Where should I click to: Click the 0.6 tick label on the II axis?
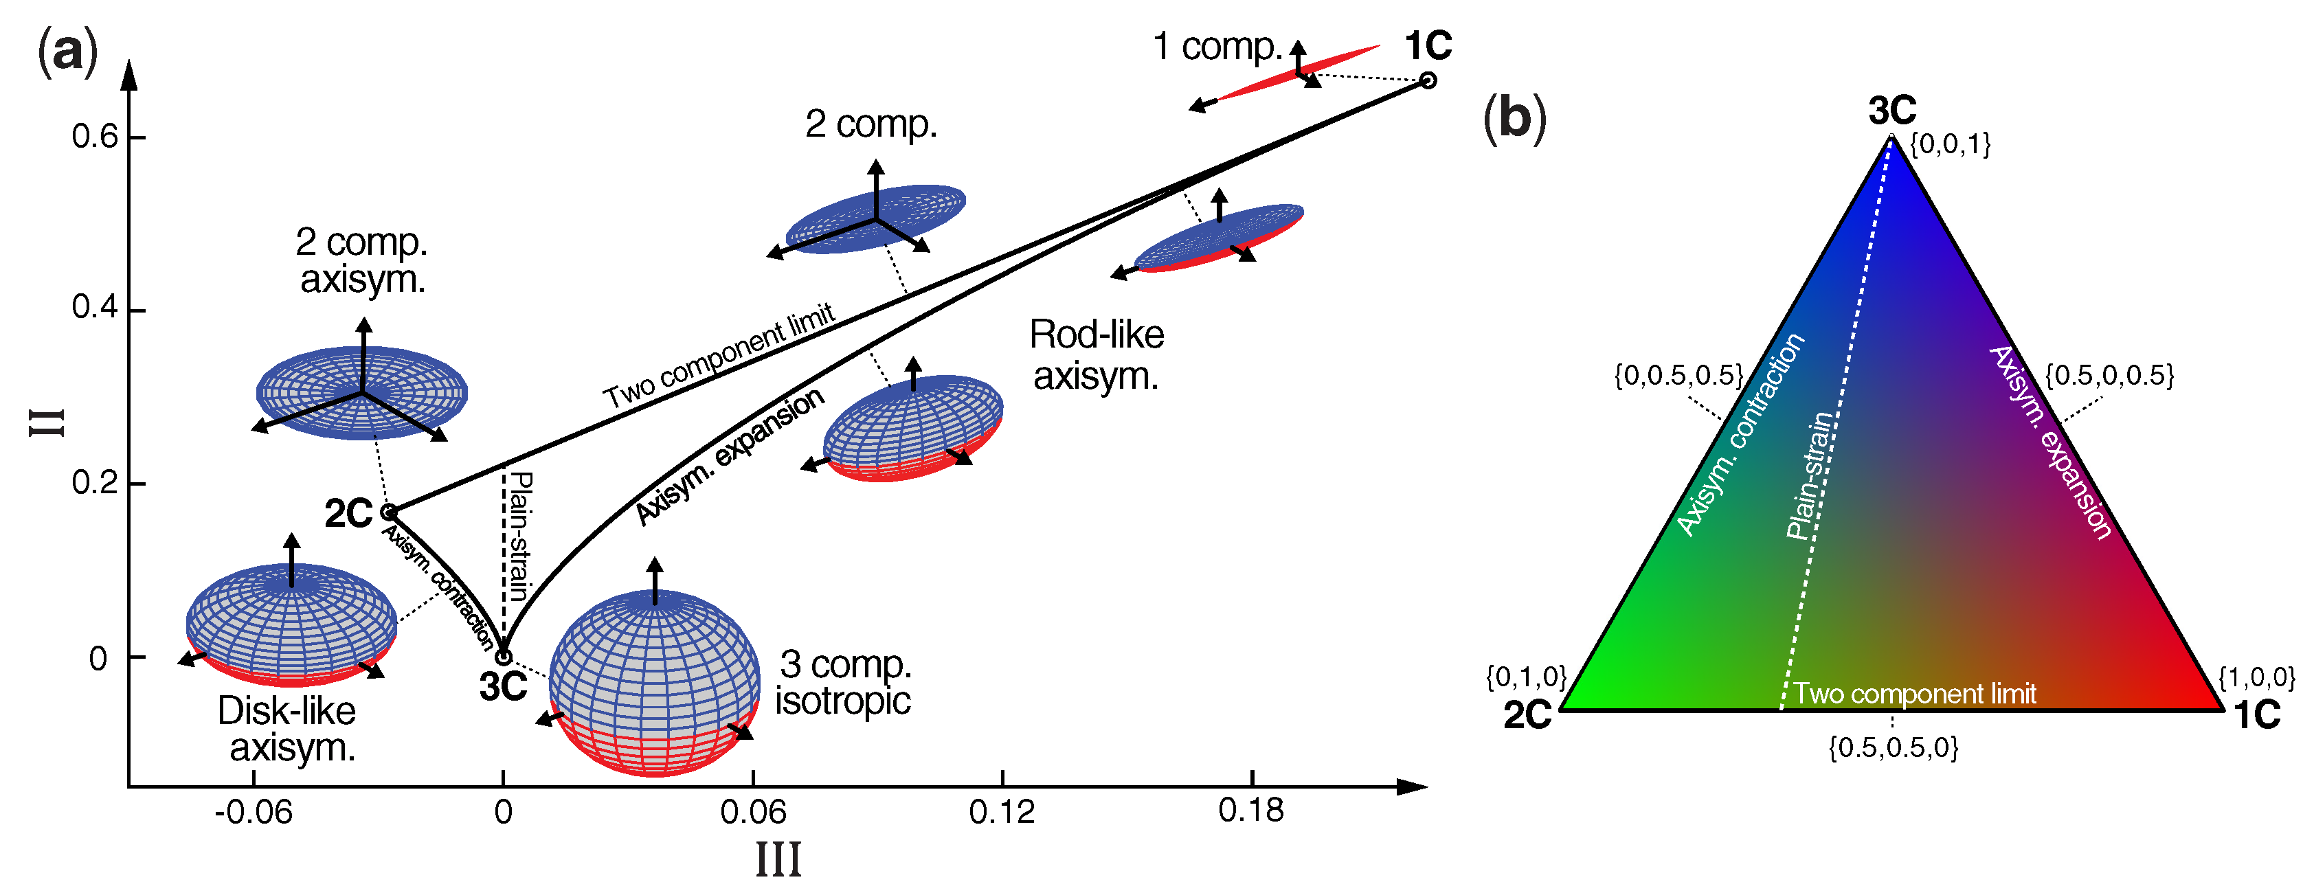[x=94, y=137]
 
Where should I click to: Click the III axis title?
[x=778, y=861]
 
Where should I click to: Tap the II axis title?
[x=47, y=422]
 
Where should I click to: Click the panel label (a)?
[x=67, y=51]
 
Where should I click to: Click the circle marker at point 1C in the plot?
[x=1428, y=80]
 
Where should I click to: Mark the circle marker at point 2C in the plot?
[x=389, y=512]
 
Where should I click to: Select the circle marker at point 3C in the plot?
[x=504, y=657]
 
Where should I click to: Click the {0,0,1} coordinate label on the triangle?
[x=1950, y=144]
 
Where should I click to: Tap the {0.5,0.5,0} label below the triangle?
[x=1893, y=747]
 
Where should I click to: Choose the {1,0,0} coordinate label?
[x=2256, y=677]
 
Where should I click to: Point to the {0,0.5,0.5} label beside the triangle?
[x=1678, y=376]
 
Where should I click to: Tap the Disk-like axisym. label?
[x=289, y=730]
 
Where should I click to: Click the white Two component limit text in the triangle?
[x=1914, y=694]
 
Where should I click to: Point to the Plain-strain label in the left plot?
[x=519, y=536]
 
